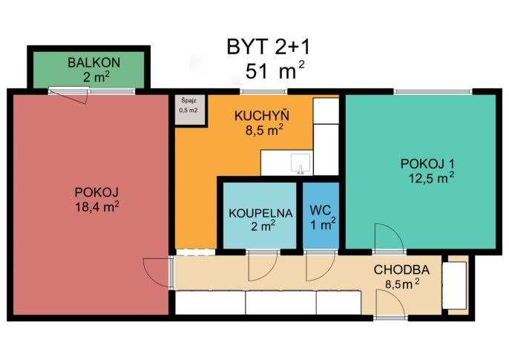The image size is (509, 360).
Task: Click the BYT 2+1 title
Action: [x=269, y=47]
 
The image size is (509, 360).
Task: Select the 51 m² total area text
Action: [x=275, y=71]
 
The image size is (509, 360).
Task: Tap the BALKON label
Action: [x=93, y=62]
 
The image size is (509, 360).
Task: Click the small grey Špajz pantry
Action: [x=190, y=109]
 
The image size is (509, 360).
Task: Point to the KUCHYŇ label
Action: [x=262, y=116]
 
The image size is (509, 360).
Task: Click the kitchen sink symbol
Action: [x=301, y=164]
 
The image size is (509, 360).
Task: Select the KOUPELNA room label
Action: [x=260, y=213]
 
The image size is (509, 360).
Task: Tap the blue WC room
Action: [x=321, y=216]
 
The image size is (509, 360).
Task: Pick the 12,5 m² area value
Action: [x=431, y=178]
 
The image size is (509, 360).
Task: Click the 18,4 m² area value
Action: [x=96, y=206]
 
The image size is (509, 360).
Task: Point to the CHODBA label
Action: [x=401, y=269]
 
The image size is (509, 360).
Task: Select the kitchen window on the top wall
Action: [x=263, y=91]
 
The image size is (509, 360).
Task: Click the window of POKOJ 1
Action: [x=433, y=91]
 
